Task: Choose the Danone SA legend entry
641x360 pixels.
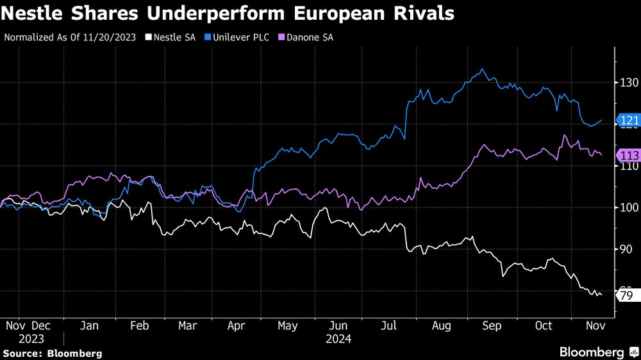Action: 304,37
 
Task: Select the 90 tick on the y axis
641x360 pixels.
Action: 626,249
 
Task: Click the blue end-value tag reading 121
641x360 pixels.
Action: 627,120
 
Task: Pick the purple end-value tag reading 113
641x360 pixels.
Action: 627,156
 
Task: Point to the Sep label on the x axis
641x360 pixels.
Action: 492,326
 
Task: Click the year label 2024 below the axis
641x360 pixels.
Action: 338,338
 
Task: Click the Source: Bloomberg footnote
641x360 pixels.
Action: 53,353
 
